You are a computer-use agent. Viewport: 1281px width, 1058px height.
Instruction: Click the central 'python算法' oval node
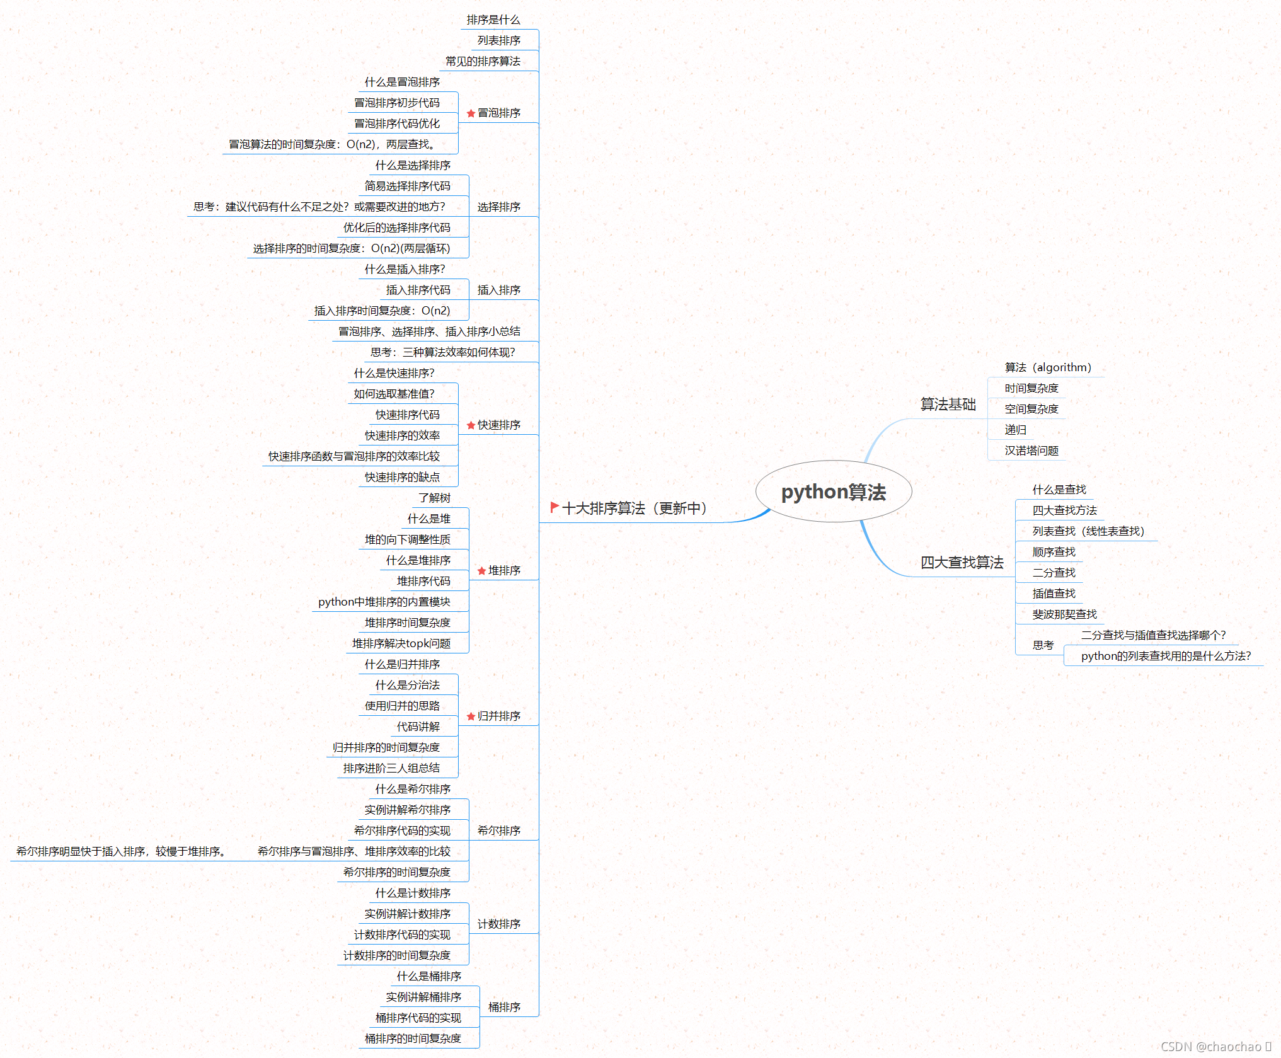(833, 492)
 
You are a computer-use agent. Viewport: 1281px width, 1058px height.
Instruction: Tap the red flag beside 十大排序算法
(554, 507)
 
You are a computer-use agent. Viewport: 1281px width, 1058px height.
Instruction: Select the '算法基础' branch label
(948, 405)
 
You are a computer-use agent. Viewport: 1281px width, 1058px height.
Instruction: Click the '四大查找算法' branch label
(962, 562)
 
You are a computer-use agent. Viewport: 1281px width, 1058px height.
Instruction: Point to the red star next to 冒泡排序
(471, 113)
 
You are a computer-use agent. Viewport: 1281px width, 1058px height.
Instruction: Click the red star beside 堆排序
(481, 571)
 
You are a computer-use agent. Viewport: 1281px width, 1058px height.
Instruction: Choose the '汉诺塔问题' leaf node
(1031, 451)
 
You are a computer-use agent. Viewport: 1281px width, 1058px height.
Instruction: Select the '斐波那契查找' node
(1064, 614)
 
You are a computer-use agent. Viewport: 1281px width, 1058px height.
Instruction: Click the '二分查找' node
(1054, 573)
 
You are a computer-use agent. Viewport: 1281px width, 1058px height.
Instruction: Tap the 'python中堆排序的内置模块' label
(384, 602)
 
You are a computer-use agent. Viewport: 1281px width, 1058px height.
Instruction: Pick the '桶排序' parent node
(504, 1007)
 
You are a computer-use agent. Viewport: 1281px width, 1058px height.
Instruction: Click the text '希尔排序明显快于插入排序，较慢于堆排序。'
(121, 851)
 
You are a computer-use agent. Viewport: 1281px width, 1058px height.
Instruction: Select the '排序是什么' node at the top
(493, 20)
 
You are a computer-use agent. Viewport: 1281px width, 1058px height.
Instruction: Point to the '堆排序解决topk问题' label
(401, 643)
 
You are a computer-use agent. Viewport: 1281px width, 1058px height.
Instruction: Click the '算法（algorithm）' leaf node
(1048, 367)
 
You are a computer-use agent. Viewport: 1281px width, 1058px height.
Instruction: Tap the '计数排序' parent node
(498, 924)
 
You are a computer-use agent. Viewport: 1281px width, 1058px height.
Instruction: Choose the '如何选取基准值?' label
(394, 394)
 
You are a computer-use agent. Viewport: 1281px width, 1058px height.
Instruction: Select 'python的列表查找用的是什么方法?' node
(1166, 656)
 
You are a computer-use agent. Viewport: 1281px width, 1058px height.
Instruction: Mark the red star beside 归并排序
(471, 716)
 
